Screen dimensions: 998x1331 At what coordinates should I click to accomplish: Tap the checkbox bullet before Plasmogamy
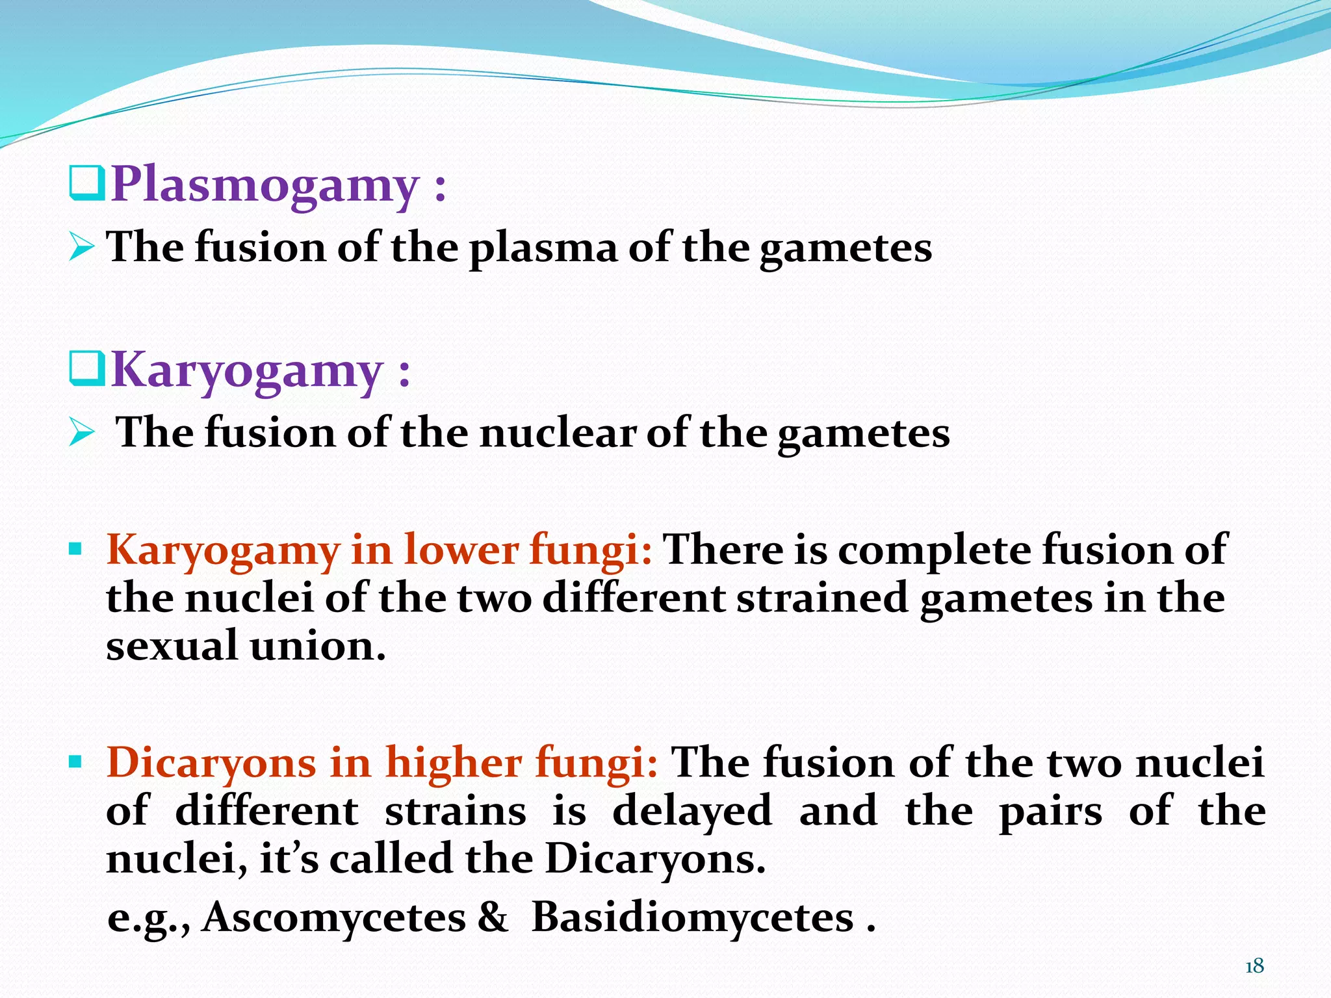coord(86,183)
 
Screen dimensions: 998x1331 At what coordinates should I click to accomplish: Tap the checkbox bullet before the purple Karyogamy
coord(86,368)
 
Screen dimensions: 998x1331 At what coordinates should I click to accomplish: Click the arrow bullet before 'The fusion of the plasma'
coord(82,248)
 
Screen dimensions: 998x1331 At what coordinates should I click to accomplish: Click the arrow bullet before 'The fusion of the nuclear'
coord(82,433)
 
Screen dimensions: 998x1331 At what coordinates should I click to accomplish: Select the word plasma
coord(543,249)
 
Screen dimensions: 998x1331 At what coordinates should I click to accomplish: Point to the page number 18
coord(1254,966)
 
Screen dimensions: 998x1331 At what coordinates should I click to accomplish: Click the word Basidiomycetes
coord(693,917)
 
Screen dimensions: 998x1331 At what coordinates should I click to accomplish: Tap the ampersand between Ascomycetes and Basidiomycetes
coord(492,917)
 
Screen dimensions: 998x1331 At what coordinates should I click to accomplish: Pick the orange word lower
coord(461,550)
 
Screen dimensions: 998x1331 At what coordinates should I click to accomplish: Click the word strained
coord(822,598)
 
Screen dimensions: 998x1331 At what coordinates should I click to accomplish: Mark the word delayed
coord(692,812)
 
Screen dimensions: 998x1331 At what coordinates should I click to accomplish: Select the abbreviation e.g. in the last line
coord(148,919)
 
